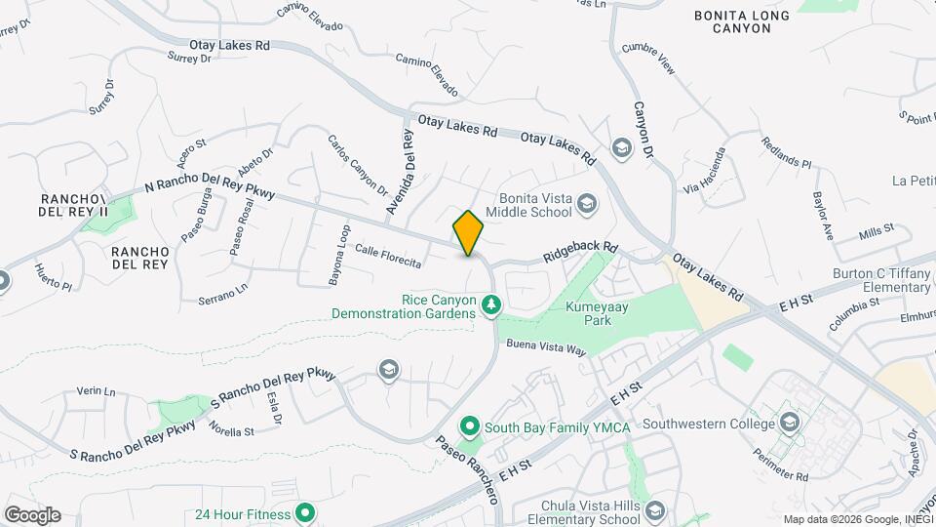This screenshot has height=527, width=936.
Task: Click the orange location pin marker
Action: (x=468, y=233)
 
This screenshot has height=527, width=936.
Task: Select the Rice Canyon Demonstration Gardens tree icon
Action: (x=491, y=307)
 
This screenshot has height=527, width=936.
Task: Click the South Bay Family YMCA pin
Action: (x=469, y=427)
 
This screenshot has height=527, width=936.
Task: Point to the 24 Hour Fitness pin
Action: (x=305, y=513)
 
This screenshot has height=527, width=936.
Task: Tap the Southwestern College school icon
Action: (x=790, y=424)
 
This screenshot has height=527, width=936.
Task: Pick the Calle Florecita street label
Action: (x=388, y=256)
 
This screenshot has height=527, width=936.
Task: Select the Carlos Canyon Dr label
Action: (x=357, y=164)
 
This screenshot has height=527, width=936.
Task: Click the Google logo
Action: (x=31, y=515)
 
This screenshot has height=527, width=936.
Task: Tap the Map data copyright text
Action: (x=858, y=519)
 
